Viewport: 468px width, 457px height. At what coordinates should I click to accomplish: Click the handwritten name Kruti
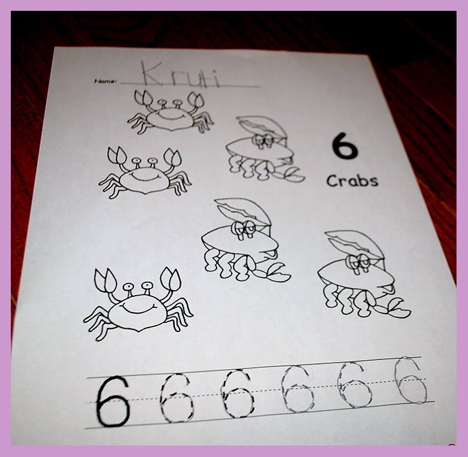[x=181, y=75]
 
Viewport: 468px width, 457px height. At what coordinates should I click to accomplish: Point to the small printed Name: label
[x=105, y=81]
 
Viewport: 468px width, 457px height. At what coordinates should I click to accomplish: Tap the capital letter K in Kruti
[x=152, y=73]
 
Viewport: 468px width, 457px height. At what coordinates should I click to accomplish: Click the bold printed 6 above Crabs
[x=344, y=146]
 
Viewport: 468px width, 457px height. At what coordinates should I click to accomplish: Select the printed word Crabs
[x=352, y=181]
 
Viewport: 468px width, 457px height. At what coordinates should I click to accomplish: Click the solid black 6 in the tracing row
[x=113, y=401]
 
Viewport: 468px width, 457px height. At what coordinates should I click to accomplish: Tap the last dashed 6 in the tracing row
[x=411, y=380]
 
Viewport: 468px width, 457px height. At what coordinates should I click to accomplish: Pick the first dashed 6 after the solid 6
[x=176, y=398]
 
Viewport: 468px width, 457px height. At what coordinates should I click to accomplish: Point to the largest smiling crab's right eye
[x=148, y=286]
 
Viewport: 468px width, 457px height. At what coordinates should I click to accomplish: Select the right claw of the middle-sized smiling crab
[x=173, y=157]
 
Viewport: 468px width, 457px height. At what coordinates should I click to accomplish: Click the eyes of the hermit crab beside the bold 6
[x=264, y=140]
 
